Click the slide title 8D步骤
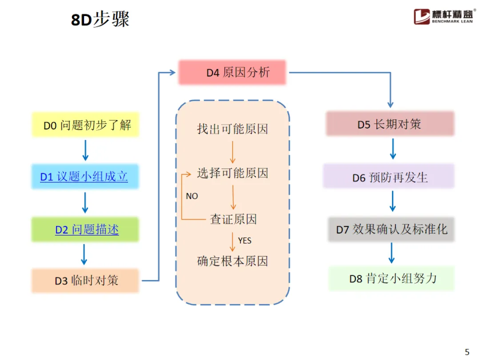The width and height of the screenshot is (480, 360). (x=100, y=20)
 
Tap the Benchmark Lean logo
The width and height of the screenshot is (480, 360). (x=445, y=16)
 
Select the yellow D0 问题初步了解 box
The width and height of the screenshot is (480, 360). (x=85, y=125)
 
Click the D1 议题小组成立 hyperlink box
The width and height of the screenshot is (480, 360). (x=84, y=177)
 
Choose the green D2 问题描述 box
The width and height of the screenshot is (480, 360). (x=85, y=229)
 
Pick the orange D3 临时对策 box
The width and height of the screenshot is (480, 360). (x=85, y=280)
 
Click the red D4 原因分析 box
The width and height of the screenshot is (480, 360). (x=232, y=72)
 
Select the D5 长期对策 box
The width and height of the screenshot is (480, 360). (x=390, y=124)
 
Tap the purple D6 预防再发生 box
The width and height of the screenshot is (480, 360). (x=389, y=177)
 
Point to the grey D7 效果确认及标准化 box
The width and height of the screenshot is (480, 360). (x=391, y=229)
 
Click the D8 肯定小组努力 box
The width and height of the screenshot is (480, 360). (x=392, y=279)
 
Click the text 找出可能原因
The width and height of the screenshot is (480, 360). (x=232, y=129)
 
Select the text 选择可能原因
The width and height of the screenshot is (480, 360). (x=232, y=173)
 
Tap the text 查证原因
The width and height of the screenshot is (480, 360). (x=233, y=219)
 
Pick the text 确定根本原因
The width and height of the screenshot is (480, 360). (x=232, y=261)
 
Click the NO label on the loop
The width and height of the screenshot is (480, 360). (x=192, y=196)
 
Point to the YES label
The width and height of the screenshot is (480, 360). (x=244, y=240)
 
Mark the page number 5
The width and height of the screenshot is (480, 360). (x=467, y=352)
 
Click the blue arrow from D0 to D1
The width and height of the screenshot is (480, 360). (x=85, y=151)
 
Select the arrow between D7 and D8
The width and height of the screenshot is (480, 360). (x=392, y=253)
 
